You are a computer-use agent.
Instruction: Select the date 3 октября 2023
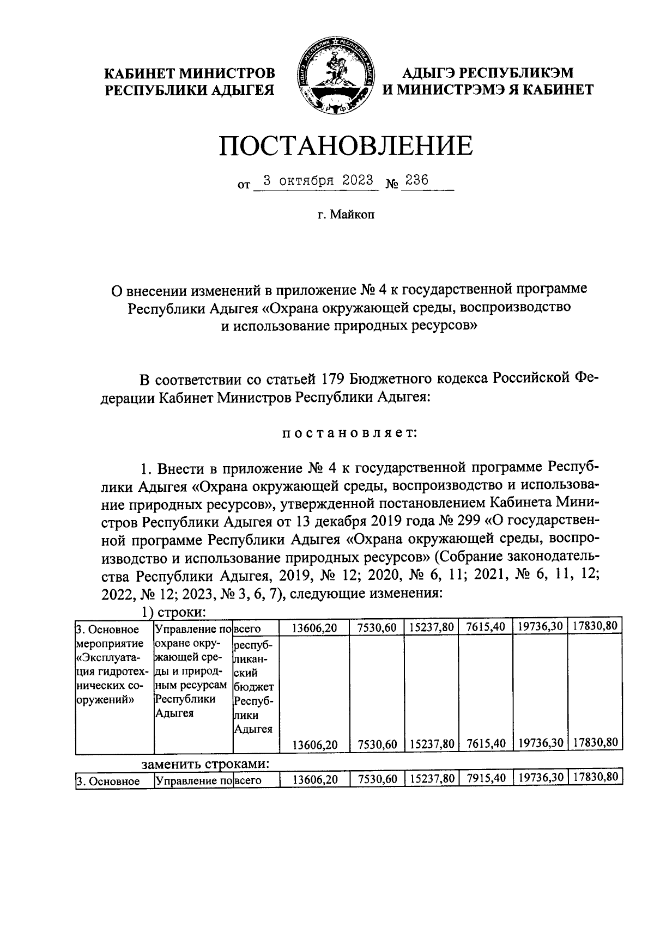318,181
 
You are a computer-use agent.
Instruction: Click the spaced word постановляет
349,433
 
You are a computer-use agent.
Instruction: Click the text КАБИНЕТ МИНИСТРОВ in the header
190,73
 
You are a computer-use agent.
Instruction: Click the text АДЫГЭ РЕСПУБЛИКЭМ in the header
488,73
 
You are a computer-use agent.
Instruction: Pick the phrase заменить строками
205,765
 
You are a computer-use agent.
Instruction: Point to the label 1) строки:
173,613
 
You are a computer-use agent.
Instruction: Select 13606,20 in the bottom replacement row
314,780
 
